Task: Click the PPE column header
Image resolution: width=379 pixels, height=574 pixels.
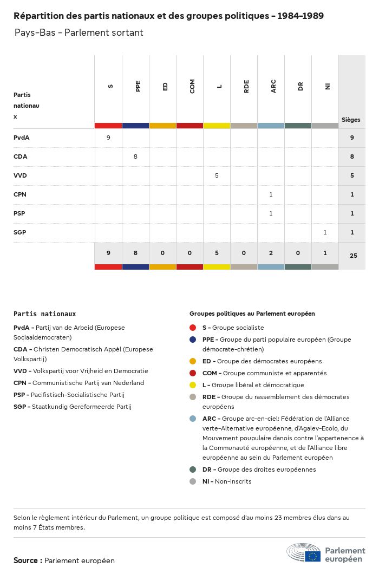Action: (138, 86)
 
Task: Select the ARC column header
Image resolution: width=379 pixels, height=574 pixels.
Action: (273, 86)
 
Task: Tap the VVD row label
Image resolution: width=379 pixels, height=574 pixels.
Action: (20, 175)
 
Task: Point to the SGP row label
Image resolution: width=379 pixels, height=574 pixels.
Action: (20, 232)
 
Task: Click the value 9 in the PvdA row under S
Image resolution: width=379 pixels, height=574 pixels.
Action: (108, 138)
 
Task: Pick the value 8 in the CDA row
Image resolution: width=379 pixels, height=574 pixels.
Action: (135, 156)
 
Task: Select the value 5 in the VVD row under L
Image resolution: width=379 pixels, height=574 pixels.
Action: (217, 175)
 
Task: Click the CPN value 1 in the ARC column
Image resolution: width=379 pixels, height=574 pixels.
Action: (271, 194)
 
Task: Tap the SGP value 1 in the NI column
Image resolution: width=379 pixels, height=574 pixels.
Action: (325, 232)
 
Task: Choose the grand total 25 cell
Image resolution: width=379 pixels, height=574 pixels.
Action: (353, 255)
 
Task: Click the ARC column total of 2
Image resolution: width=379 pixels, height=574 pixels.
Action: (271, 252)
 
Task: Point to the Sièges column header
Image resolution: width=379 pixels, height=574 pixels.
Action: (351, 120)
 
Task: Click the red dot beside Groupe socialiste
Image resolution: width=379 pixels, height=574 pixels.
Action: (193, 328)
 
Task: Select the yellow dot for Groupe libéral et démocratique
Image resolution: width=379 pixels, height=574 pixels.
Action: (193, 385)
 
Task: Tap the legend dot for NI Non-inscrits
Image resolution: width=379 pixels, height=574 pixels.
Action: (193, 481)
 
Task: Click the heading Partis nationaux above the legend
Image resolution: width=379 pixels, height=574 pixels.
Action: (44, 314)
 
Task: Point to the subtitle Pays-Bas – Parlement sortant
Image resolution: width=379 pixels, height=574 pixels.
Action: (79, 32)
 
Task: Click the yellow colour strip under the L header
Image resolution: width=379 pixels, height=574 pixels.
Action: (217, 126)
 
